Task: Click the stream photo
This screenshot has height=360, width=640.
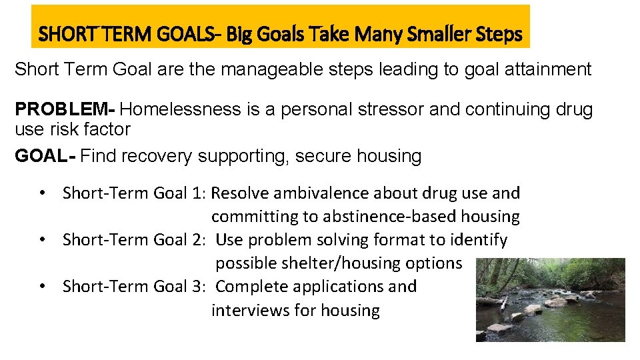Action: point(550,299)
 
